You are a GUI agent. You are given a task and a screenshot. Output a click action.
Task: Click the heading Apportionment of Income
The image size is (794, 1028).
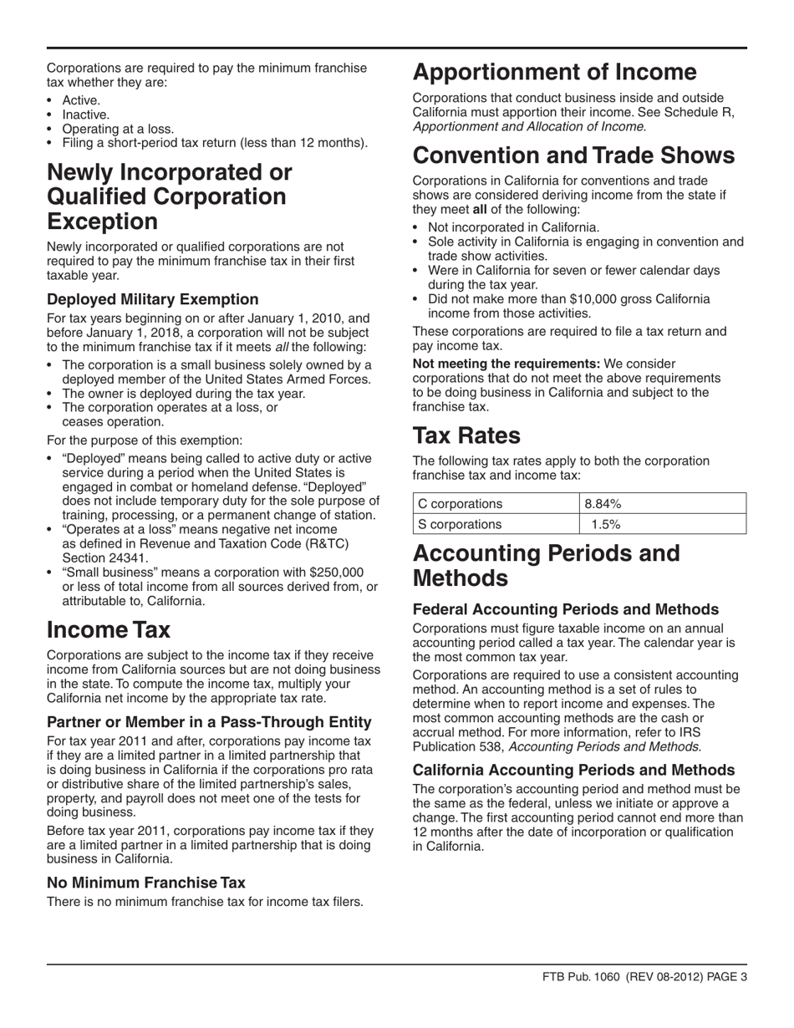coord(555,73)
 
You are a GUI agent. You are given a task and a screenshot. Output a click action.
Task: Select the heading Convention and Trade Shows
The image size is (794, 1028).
coord(574,155)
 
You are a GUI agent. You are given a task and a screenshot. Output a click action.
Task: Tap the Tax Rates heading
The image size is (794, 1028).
coord(466,435)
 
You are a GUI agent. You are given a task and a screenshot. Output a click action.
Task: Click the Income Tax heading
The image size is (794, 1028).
coord(109,629)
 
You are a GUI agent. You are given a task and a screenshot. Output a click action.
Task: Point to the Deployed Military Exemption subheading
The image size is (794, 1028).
coord(153,299)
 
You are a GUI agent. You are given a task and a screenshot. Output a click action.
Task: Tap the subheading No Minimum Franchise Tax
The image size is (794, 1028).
coord(146,882)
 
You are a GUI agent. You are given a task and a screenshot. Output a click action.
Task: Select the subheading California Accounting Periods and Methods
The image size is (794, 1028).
coord(574,770)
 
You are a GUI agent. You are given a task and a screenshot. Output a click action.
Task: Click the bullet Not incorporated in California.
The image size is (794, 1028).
coord(513,227)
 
